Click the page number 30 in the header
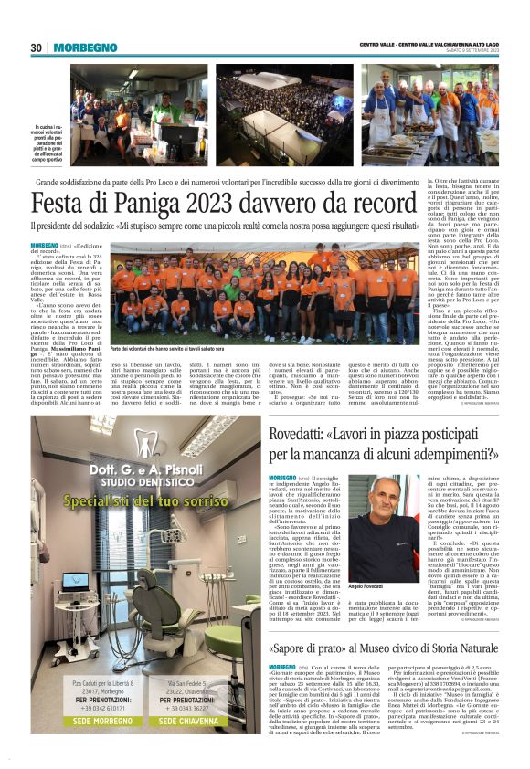[x=37, y=47]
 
